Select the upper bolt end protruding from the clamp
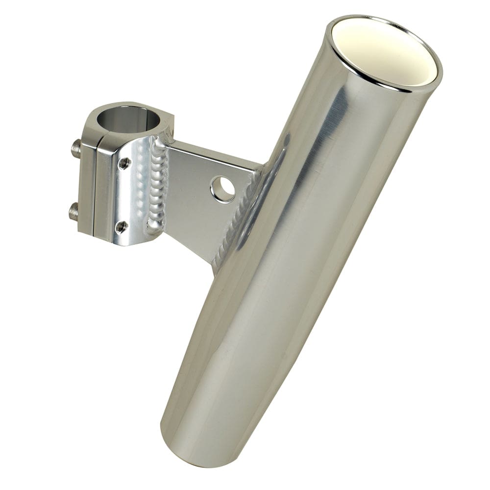pos(76,148)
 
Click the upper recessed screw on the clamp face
pos(124,163)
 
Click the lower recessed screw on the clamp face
pos(121,226)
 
